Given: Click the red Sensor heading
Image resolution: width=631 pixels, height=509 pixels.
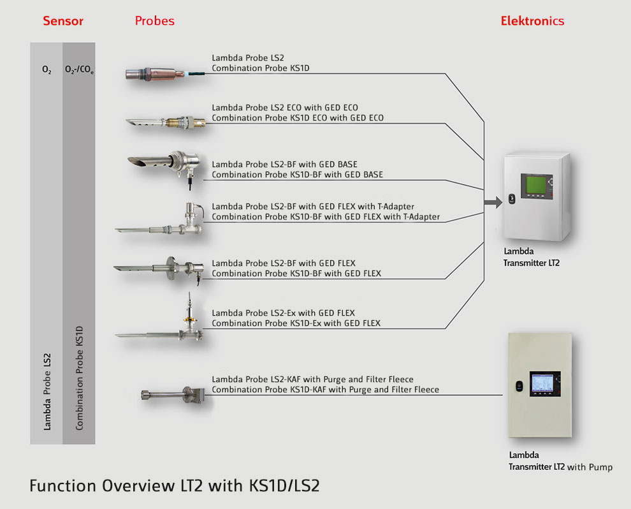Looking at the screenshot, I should click(63, 20).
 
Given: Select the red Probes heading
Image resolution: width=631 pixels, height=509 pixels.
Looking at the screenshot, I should click(154, 20).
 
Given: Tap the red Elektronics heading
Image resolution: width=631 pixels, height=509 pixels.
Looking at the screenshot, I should click(532, 20).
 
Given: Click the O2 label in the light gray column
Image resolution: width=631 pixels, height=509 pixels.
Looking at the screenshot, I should click(47, 70).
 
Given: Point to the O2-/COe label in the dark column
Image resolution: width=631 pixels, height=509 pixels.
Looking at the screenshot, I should click(79, 70).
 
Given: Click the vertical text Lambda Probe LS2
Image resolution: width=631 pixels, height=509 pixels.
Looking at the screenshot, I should click(47, 390).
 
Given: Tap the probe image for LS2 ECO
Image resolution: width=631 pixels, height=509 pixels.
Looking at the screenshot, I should click(166, 121).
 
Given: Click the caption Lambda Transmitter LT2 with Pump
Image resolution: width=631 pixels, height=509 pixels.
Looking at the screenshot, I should click(560, 461).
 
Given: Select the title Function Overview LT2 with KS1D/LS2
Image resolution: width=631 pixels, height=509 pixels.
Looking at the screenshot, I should click(174, 486).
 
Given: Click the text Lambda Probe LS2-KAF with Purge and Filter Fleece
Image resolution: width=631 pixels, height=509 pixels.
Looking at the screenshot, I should click(312, 380).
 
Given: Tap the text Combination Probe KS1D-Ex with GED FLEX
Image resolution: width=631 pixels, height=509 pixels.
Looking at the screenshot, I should click(296, 323).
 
